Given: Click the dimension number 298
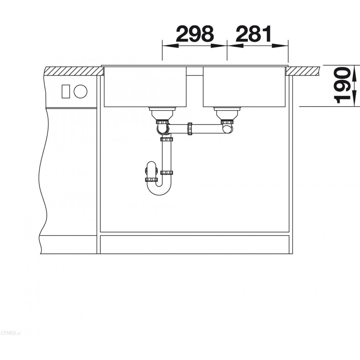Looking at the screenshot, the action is click(195, 34).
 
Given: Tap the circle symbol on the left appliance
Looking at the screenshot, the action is click(81, 91).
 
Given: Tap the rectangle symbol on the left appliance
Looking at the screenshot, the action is click(66, 91).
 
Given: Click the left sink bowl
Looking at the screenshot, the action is click(145, 87).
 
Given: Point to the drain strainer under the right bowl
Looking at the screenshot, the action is click(228, 113).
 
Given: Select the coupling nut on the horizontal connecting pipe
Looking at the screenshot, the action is click(190, 129).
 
